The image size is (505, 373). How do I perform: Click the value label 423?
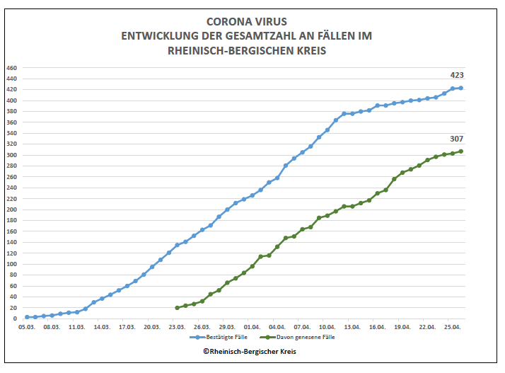click(x=457, y=75)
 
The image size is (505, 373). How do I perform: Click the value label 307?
click(x=457, y=139)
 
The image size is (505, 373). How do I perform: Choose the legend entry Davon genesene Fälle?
click(x=306, y=338)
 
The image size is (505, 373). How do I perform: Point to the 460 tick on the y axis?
click(x=11, y=68)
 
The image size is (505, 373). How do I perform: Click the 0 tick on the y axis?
click(x=15, y=319)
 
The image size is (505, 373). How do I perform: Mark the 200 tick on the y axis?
click(x=11, y=210)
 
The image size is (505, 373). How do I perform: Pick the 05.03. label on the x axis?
click(x=27, y=327)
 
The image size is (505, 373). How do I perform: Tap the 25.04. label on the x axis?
click(x=453, y=327)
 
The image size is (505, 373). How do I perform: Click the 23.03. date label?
click(x=177, y=327)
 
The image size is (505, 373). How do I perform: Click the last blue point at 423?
click(x=461, y=88)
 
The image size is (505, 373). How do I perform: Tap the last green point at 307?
click(x=461, y=151)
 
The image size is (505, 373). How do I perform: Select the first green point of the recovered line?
click(x=177, y=308)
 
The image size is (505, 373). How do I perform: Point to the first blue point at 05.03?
click(x=27, y=317)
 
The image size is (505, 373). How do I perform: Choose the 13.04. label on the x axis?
click(x=352, y=327)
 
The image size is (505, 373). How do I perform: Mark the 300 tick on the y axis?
click(x=11, y=155)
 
